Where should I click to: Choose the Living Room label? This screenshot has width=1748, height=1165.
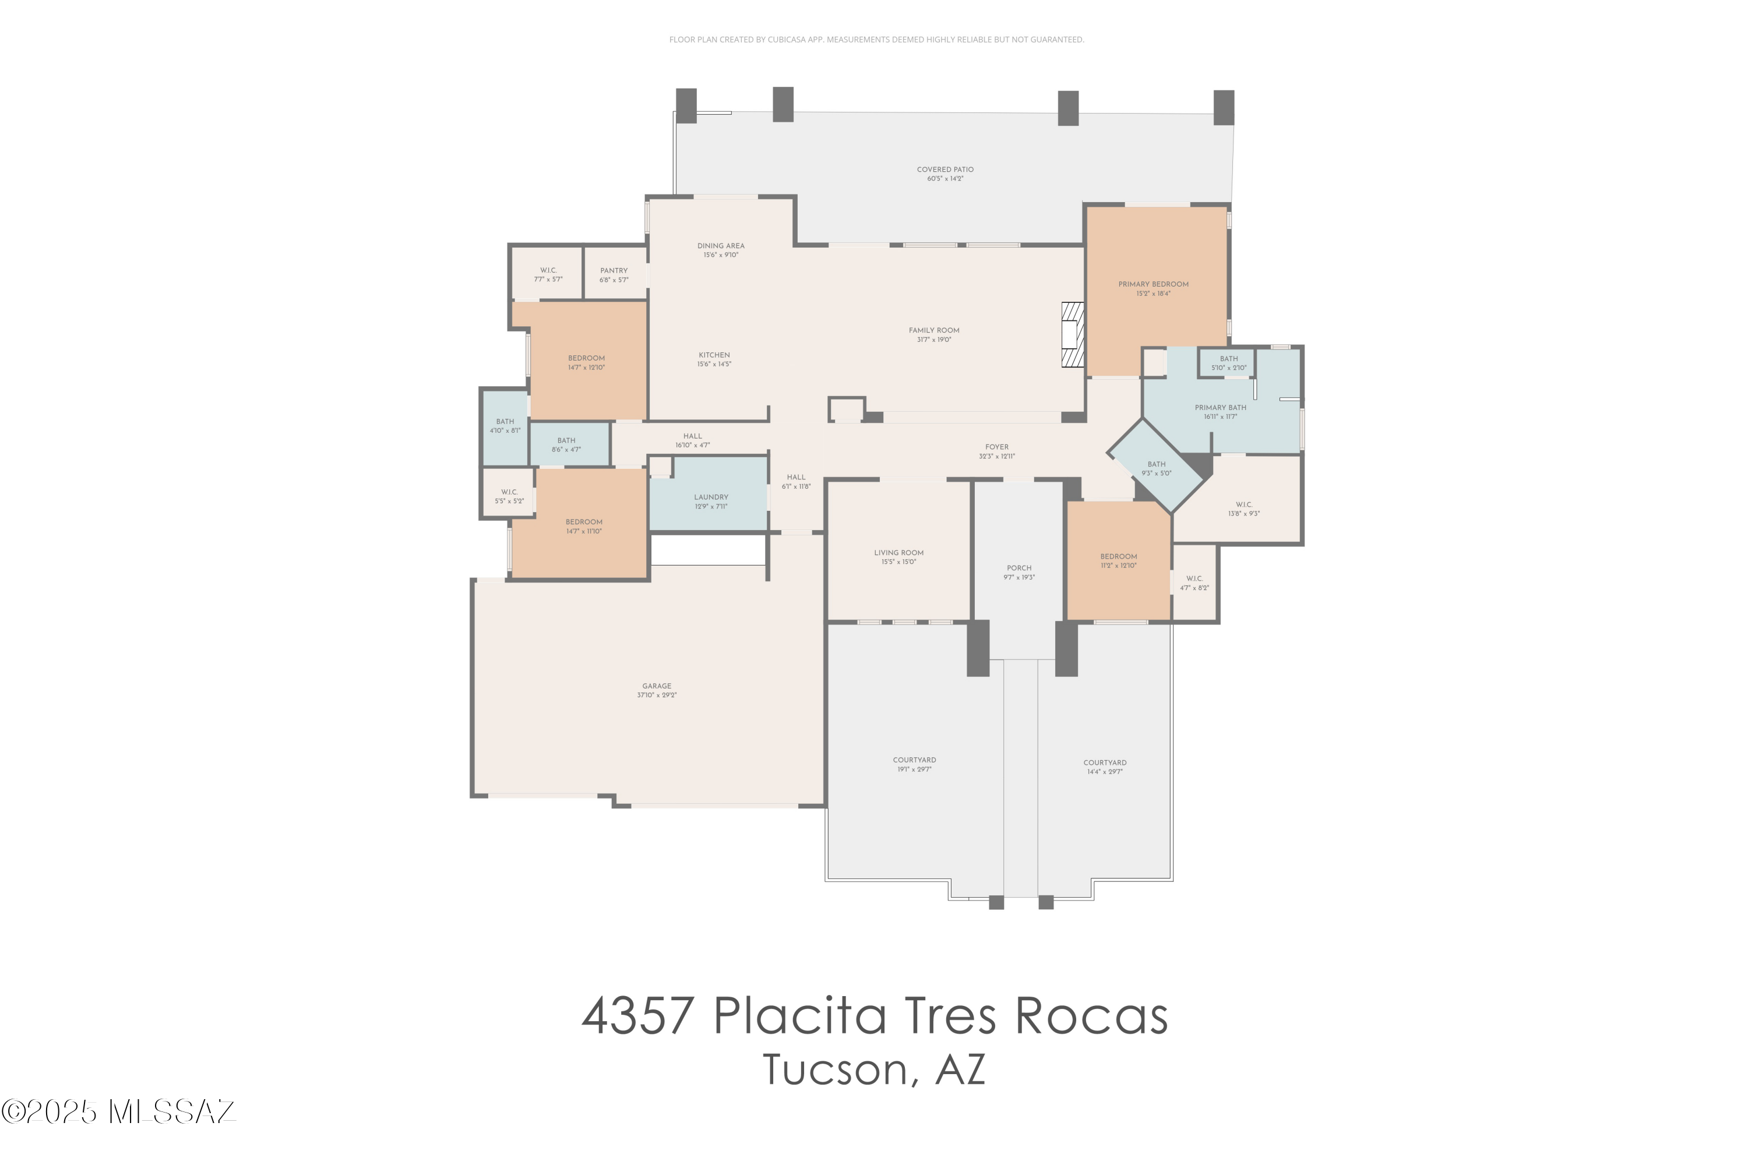pos(898,553)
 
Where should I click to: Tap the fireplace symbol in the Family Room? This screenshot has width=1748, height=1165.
pos(1073,334)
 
